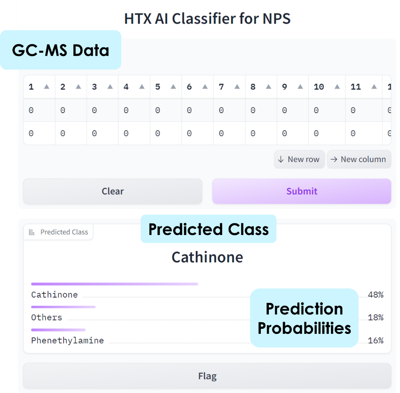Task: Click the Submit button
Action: pyautogui.click(x=301, y=191)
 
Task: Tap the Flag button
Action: pyautogui.click(x=207, y=376)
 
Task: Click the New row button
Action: pyautogui.click(x=299, y=159)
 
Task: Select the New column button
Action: pyautogui.click(x=359, y=159)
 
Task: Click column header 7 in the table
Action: pyautogui.click(x=221, y=87)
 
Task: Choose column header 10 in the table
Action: pyautogui.click(x=319, y=87)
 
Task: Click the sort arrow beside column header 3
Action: pyautogui.click(x=110, y=87)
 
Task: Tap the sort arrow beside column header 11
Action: pyautogui.click(x=374, y=87)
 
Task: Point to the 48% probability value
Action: pyautogui.click(x=376, y=295)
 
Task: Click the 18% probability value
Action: pyautogui.click(x=376, y=317)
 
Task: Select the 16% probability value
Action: pyautogui.click(x=376, y=341)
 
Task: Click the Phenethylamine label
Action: pyautogui.click(x=68, y=341)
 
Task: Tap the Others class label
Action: pyautogui.click(x=47, y=317)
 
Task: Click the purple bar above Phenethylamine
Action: pyautogui.click(x=58, y=330)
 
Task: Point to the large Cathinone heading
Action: pyautogui.click(x=207, y=257)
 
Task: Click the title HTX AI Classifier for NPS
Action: pyautogui.click(x=207, y=19)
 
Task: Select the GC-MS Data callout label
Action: pyautogui.click(x=61, y=50)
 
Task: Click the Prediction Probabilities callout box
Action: pyautogui.click(x=304, y=318)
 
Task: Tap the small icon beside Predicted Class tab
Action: pyautogui.click(x=32, y=232)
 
